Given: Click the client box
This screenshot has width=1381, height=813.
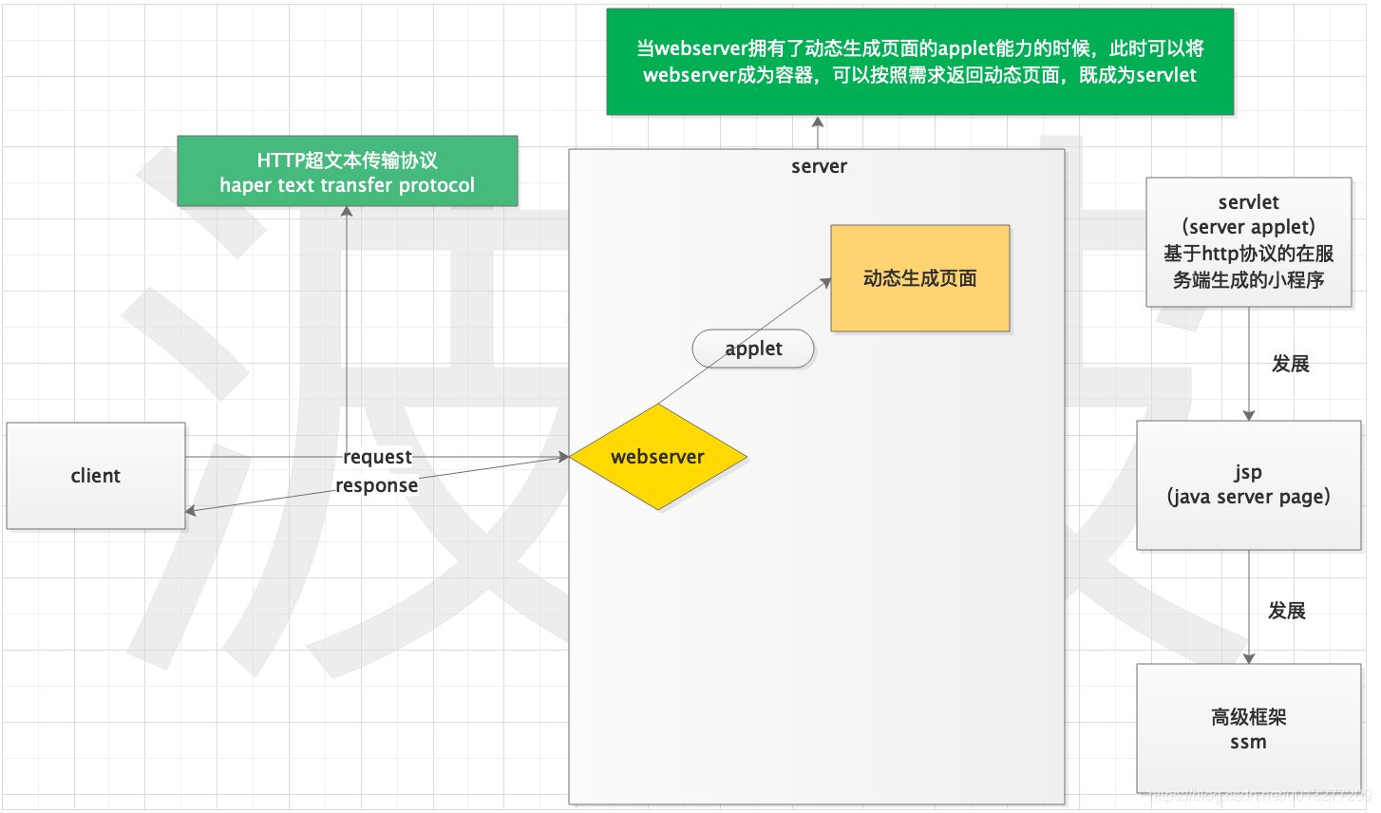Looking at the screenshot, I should [96, 476].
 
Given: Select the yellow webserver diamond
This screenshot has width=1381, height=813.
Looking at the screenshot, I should [658, 457].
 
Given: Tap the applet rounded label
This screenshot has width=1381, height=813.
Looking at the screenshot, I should [753, 349].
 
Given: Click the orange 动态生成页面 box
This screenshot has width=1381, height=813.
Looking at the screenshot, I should [919, 278].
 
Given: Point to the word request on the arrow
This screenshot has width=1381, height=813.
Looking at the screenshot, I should [377, 457].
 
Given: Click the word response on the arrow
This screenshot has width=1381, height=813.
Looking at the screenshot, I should [376, 485].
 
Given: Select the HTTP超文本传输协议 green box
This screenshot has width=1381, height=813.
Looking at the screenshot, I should [347, 172].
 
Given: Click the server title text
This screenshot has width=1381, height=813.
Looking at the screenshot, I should [819, 166].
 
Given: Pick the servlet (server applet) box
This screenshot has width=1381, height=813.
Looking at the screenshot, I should [1248, 241].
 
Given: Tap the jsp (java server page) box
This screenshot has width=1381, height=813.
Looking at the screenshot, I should [1248, 484].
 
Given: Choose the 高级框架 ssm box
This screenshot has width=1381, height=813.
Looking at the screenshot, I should [1248, 728].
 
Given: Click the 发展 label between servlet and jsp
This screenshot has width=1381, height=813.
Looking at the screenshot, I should [1290, 364].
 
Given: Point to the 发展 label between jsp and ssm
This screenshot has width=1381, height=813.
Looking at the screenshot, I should [1286, 611].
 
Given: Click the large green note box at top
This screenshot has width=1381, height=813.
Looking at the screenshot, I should [919, 62].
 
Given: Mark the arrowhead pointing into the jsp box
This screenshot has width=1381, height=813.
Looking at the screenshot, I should [1249, 415].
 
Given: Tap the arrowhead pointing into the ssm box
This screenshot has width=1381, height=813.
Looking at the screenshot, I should [1249, 658].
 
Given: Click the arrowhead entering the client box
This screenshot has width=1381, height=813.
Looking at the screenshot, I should [191, 511].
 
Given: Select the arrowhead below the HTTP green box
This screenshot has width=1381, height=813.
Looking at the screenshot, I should [347, 212].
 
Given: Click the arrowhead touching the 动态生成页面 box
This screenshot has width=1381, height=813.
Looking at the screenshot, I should [825, 281].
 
